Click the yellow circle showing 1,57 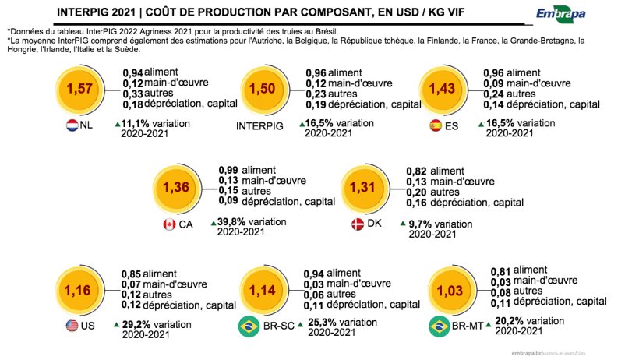click(x=81, y=89)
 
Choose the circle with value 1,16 click(x=80, y=291)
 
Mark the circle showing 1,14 click(x=263, y=291)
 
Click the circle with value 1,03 click(x=450, y=291)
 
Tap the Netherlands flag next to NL click(x=72, y=125)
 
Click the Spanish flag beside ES click(x=436, y=125)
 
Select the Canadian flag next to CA click(x=168, y=224)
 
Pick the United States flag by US click(x=72, y=326)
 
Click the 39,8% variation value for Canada click(x=231, y=222)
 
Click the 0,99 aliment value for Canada click(x=228, y=170)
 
